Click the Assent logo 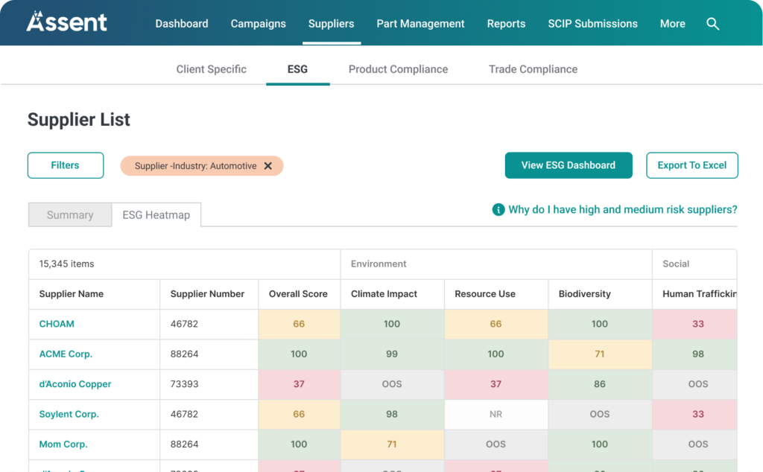tap(67, 22)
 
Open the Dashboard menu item tap(182, 24)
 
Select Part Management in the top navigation tap(420, 24)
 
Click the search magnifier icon tap(712, 24)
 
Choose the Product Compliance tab tap(398, 69)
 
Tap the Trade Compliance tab tap(533, 69)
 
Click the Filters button tap(66, 165)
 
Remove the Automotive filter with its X tap(268, 166)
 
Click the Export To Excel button tap(691, 165)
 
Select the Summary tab tap(70, 215)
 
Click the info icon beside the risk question tap(498, 210)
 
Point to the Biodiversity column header tap(585, 294)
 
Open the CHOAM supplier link tap(57, 324)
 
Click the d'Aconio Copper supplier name tap(75, 384)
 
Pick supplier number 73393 tap(185, 384)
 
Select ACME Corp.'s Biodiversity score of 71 tap(600, 354)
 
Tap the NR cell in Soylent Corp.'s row tap(496, 414)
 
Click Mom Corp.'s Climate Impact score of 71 tap(392, 444)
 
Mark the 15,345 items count tap(67, 264)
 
